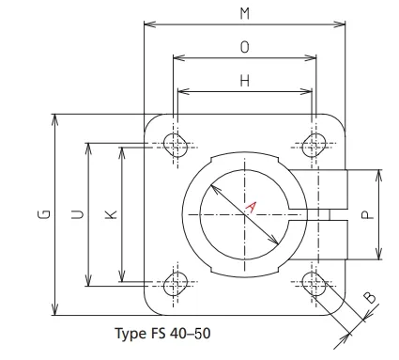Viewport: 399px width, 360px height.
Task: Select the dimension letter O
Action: point(244,46)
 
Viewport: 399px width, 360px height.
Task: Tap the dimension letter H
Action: point(244,81)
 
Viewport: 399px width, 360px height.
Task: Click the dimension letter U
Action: point(76,215)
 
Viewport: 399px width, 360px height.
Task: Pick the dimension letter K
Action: point(111,215)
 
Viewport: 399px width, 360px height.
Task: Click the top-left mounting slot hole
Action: point(175,144)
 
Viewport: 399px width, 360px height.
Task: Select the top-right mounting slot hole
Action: point(314,144)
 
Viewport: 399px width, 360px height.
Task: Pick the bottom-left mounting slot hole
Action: point(175,283)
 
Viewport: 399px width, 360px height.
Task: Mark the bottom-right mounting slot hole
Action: point(314,283)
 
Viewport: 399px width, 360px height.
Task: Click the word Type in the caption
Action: point(130,334)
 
